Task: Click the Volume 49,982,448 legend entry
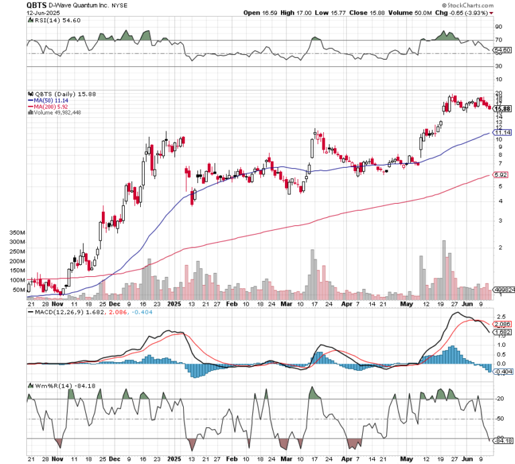[x=55, y=113]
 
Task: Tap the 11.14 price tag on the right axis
[x=502, y=133]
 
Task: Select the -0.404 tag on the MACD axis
[x=503, y=370]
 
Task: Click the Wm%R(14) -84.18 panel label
[x=55, y=386]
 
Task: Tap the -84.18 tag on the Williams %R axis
[x=503, y=441]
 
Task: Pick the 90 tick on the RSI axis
[x=499, y=27]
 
